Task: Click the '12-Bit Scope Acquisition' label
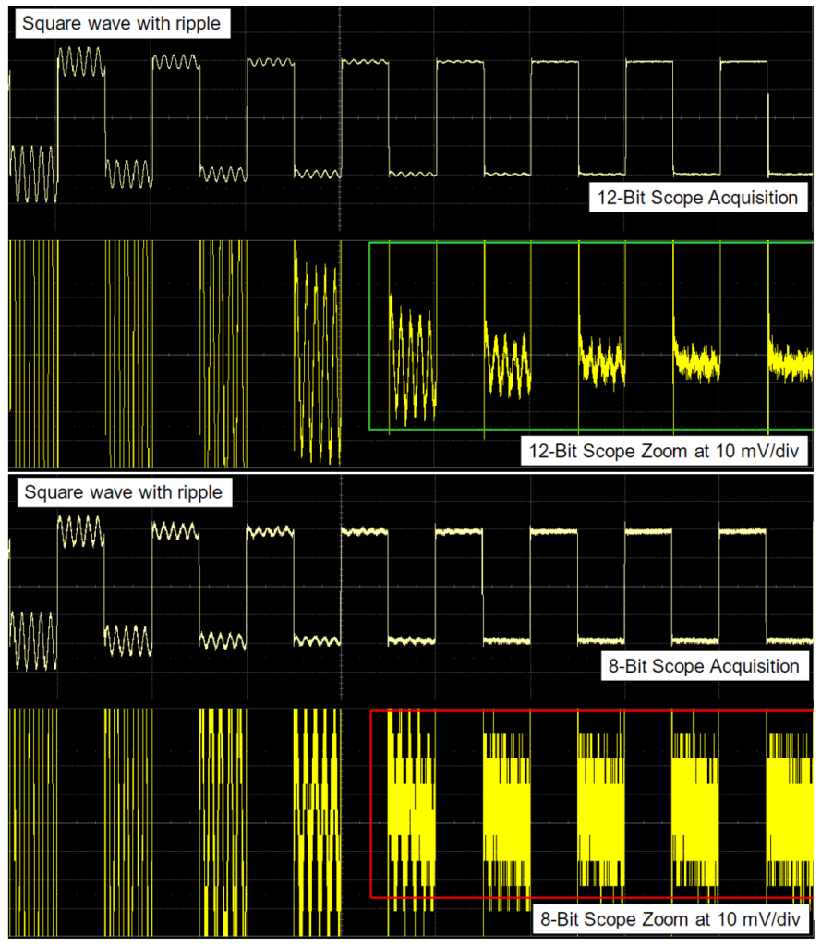694,197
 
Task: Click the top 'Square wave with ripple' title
123,23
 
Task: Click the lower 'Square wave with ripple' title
123,491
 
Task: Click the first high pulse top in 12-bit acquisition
80,62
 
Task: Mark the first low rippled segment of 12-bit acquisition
32,174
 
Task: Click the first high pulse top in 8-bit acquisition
80,531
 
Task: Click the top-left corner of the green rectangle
369,243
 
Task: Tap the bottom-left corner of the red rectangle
370,896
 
